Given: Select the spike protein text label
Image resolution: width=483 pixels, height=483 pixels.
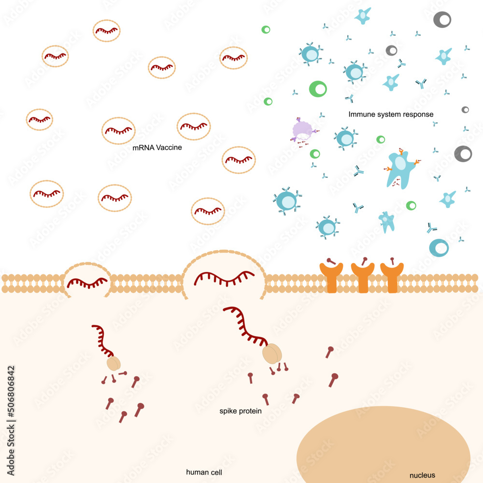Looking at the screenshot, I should (241, 412).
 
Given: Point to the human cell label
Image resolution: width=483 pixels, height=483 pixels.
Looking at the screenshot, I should (204, 472).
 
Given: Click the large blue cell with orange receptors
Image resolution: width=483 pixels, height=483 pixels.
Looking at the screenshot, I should (401, 167).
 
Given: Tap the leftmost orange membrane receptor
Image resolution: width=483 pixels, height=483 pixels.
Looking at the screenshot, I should (331, 278).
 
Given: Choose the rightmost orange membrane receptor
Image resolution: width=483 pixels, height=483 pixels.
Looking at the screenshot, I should (392, 278).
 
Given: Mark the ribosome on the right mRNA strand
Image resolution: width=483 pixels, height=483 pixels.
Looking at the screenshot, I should (271, 354).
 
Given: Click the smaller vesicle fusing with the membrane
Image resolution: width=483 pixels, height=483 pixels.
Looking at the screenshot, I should (87, 281).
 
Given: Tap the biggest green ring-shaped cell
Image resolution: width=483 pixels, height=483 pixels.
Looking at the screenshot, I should (318, 88).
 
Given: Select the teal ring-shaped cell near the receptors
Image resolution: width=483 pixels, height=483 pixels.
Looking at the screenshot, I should (439, 247).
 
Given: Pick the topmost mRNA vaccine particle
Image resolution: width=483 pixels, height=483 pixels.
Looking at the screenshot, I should (107, 30).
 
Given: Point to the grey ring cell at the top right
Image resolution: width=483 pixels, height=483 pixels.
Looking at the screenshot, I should (442, 19).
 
